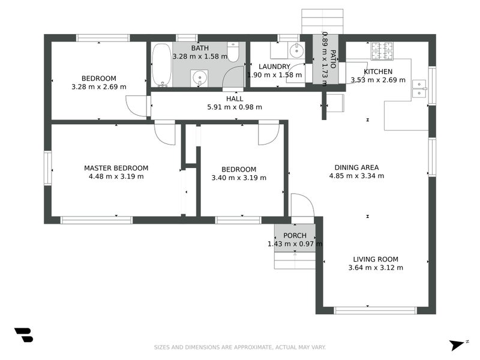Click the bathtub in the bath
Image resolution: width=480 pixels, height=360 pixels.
pyautogui.click(x=160, y=65)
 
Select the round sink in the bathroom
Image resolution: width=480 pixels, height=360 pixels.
pyautogui.click(x=199, y=77)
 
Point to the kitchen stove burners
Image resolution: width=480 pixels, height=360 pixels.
pyautogui.click(x=382, y=50)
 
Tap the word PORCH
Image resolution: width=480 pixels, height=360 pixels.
pyautogui.click(x=295, y=236)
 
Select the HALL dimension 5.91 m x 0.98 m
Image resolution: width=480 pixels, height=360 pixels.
pyautogui.click(x=235, y=107)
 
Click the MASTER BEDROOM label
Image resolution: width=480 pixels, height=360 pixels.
pyautogui.click(x=116, y=168)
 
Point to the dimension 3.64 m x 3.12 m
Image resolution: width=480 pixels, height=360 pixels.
pyautogui.click(x=376, y=268)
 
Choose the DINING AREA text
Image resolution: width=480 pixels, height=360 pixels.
pyautogui.click(x=356, y=167)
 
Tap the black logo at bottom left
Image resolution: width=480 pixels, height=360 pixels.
pyautogui.click(x=23, y=335)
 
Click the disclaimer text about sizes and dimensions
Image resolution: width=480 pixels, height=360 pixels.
pyautogui.click(x=240, y=347)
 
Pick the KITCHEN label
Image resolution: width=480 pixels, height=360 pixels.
pyautogui.click(x=378, y=71)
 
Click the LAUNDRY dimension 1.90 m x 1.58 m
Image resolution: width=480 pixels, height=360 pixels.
pyautogui.click(x=274, y=75)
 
